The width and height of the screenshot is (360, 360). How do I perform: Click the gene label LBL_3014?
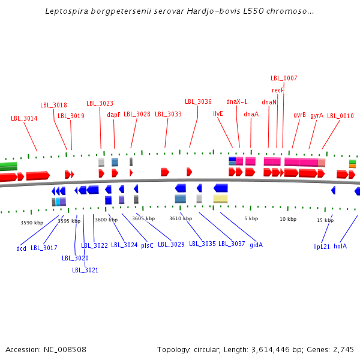[24, 118]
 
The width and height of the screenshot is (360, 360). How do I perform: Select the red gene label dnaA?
[251, 114]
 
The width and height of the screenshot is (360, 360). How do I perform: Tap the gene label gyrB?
[299, 115]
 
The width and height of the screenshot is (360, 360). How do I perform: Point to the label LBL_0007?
[284, 78]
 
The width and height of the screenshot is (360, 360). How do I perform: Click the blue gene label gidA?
[256, 244]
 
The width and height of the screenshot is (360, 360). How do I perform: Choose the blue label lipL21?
[322, 246]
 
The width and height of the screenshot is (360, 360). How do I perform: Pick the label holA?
[340, 246]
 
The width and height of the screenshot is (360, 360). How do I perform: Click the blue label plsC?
[147, 245]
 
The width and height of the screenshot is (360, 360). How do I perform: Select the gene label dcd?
[22, 247]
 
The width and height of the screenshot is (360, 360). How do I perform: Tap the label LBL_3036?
[198, 101]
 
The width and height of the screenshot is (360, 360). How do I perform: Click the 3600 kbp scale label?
[106, 220]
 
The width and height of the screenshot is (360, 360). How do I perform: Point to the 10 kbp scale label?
[288, 219]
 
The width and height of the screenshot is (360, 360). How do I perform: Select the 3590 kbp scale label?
[32, 223]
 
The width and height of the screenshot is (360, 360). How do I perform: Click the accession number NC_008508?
[65, 349]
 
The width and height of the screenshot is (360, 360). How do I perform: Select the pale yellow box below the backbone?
[220, 199]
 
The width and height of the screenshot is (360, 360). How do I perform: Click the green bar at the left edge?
[8, 166]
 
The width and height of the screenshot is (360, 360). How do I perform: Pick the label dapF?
[114, 114]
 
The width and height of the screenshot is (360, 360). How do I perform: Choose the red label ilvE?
[218, 113]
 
